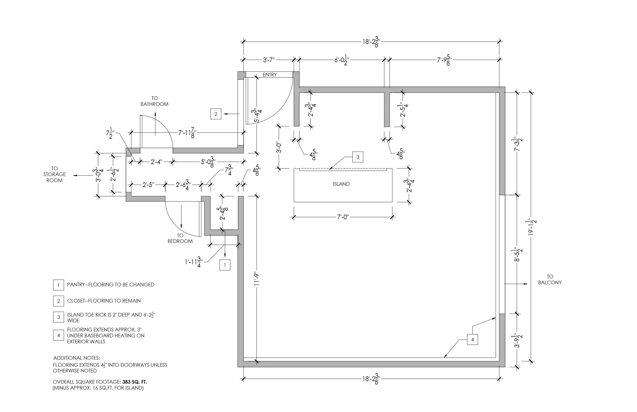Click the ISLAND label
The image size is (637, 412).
341,184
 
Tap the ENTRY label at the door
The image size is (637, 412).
270,75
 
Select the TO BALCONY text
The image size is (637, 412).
550,280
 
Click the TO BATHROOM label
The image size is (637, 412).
154,101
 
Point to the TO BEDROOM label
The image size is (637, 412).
180,238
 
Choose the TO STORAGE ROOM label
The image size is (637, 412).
54,175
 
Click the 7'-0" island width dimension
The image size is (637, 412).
343,217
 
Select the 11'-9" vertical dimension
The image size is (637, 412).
257,279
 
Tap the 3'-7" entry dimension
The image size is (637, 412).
269,60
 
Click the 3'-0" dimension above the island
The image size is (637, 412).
279,147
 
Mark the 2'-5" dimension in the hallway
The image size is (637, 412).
148,185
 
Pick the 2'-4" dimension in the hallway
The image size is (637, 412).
156,162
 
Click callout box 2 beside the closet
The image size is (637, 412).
216,114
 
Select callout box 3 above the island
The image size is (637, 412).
358,157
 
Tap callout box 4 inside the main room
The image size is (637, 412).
472,339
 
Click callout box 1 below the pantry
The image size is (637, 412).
225,265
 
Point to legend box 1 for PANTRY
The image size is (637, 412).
58,285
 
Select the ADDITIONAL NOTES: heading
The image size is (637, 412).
77,358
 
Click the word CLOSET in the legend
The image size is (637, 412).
77,301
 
